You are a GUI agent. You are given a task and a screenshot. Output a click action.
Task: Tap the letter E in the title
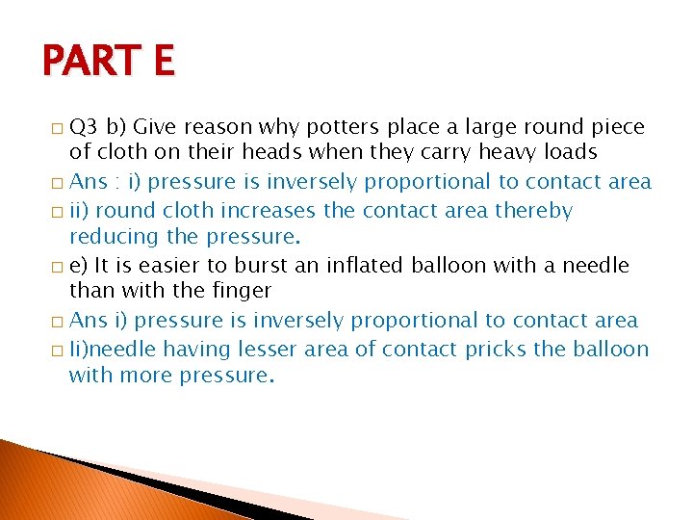tap(161, 62)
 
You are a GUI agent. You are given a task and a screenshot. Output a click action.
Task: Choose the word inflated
tap(357, 265)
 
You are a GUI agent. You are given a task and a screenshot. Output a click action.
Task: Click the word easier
tap(177, 265)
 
